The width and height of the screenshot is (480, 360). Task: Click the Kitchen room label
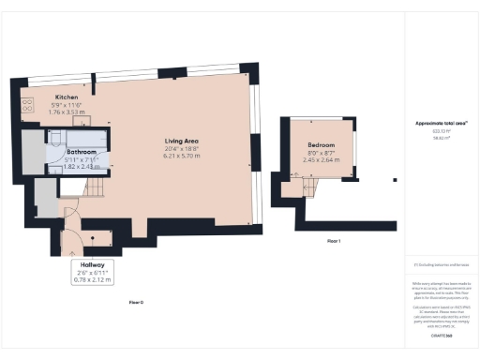pyautogui.click(x=66, y=97)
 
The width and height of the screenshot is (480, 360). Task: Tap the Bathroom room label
pyautogui.click(x=82, y=151)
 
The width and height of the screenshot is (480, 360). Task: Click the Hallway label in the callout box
pyautogui.click(x=92, y=264)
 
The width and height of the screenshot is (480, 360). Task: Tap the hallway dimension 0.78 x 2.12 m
pyautogui.click(x=92, y=279)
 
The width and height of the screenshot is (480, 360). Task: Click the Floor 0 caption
pyautogui.click(x=136, y=302)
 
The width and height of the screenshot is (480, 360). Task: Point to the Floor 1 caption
pyautogui.click(x=333, y=241)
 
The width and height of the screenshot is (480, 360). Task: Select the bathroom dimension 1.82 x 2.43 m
pyautogui.click(x=82, y=166)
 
